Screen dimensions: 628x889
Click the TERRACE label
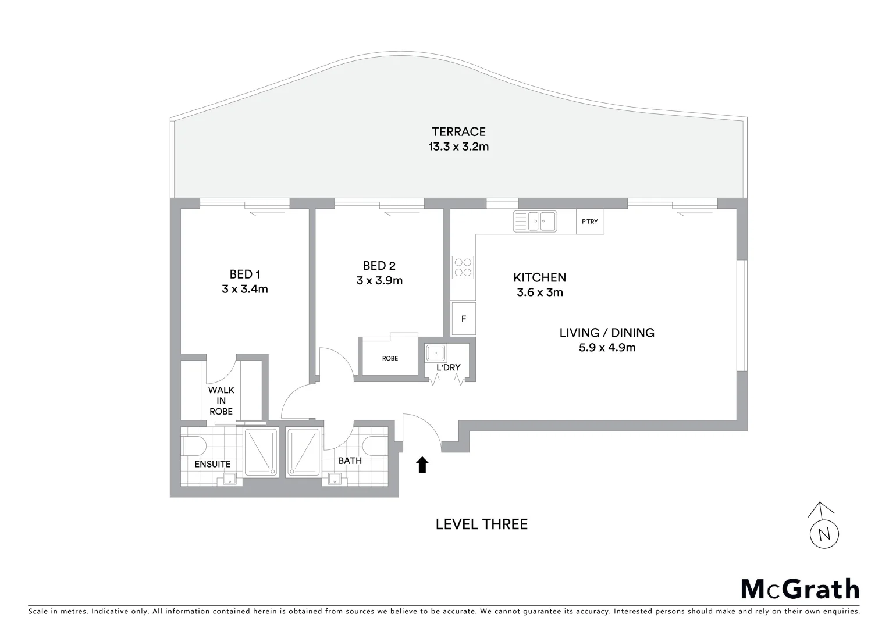tap(458, 132)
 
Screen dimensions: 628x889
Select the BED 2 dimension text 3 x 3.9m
tap(379, 280)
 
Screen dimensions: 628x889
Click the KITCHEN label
tap(539, 278)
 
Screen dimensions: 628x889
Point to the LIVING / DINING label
tap(606, 333)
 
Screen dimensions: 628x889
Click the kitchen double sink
tap(535, 221)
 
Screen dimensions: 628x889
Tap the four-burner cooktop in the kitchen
tap(463, 267)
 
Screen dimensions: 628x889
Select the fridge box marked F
tap(463, 319)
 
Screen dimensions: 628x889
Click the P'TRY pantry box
tap(589, 222)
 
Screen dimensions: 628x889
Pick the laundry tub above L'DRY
tap(435, 352)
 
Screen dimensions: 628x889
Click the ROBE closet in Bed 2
tap(390, 358)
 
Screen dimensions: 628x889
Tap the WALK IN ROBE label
tap(221, 401)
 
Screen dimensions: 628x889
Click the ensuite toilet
tap(194, 446)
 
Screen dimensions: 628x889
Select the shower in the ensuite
tap(261, 452)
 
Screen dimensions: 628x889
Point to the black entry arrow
tap(422, 465)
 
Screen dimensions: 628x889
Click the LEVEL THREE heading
tap(481, 524)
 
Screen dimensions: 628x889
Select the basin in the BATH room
tap(335, 479)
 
